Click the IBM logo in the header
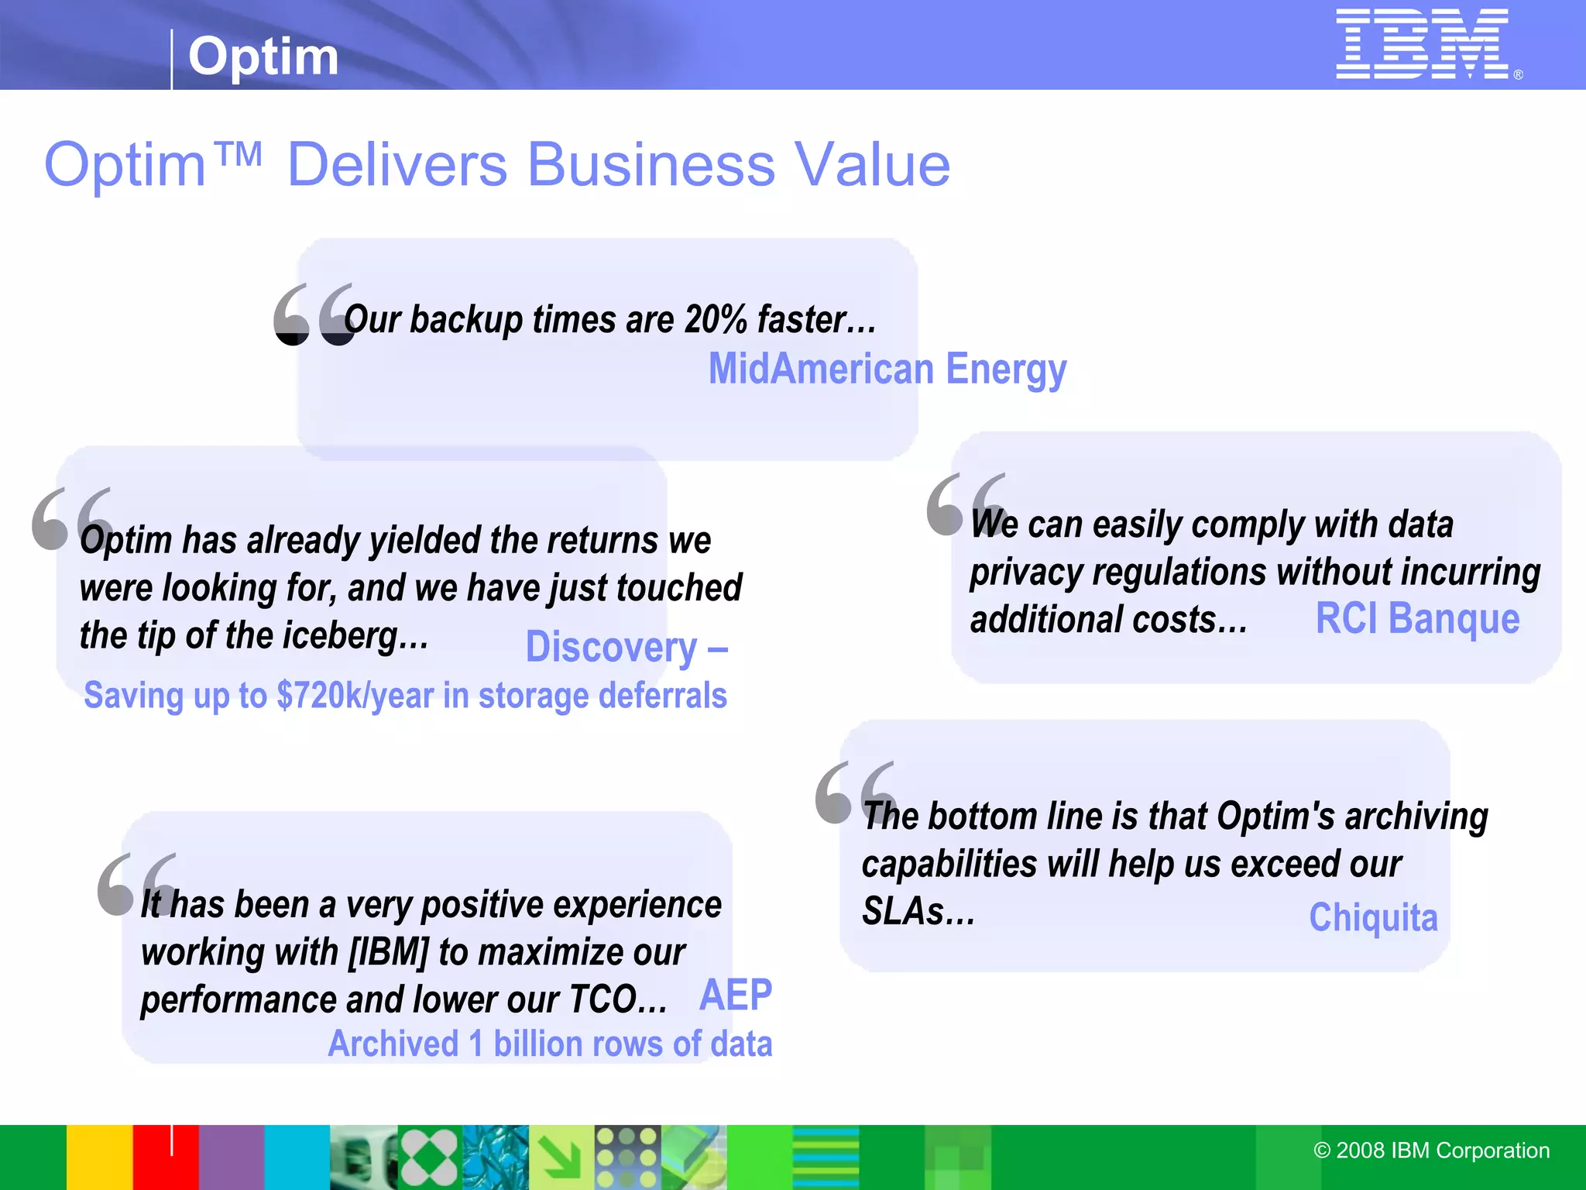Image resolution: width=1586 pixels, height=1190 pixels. point(1423,44)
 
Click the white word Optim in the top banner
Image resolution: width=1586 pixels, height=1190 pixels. point(263,57)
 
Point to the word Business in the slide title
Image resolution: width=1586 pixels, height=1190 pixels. point(651,165)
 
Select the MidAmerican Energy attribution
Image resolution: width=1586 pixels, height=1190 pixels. point(887,369)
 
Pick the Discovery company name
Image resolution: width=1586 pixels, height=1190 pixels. point(612,648)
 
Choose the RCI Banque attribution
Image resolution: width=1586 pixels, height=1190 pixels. point(1417,619)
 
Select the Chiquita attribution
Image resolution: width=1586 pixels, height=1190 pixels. point(1373,918)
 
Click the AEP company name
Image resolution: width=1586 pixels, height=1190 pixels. point(736,996)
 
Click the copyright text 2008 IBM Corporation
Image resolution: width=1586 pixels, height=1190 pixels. point(1432,1150)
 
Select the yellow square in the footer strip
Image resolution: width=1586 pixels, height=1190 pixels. point(99,1157)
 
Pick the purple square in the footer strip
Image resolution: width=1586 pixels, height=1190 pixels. point(232,1157)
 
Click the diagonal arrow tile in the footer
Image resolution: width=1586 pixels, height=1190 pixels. point(561,1157)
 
